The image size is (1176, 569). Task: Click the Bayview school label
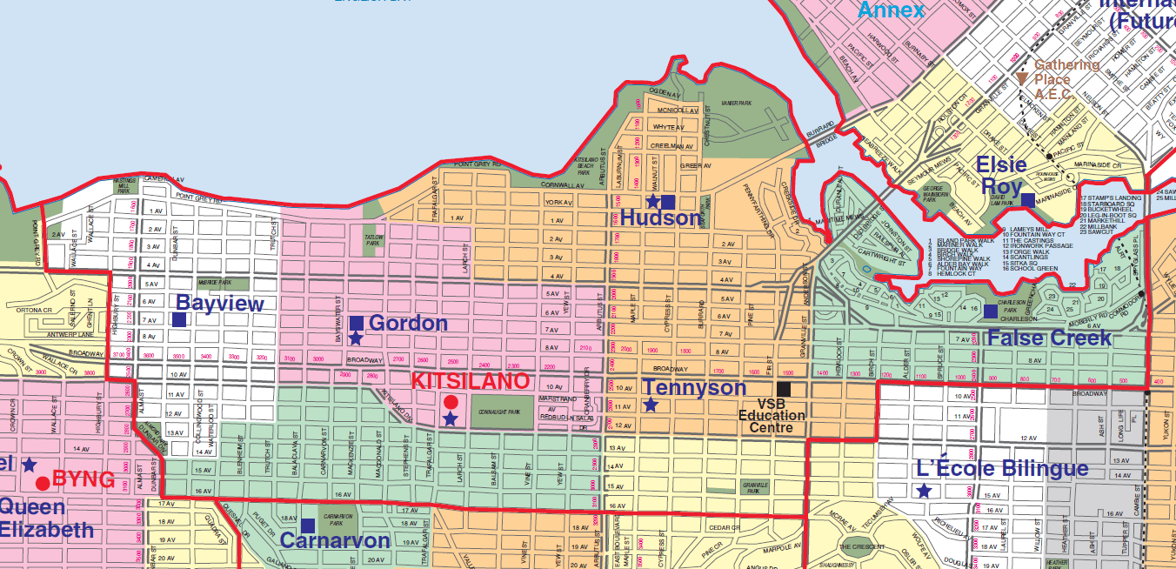219,304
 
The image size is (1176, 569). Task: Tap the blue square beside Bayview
178,320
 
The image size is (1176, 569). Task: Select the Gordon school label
408,324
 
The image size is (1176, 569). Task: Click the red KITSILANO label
469,382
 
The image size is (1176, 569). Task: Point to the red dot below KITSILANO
451,402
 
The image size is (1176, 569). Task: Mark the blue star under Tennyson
651,405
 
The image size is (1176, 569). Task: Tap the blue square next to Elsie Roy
1027,200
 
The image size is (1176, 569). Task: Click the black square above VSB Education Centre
784,389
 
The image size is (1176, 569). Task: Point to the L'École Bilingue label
1003,469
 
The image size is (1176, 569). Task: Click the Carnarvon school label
334,540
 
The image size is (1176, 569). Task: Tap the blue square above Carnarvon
308,525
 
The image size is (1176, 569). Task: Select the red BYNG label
84,479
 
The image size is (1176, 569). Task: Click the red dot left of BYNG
42,483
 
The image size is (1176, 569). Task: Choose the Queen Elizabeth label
43,519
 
